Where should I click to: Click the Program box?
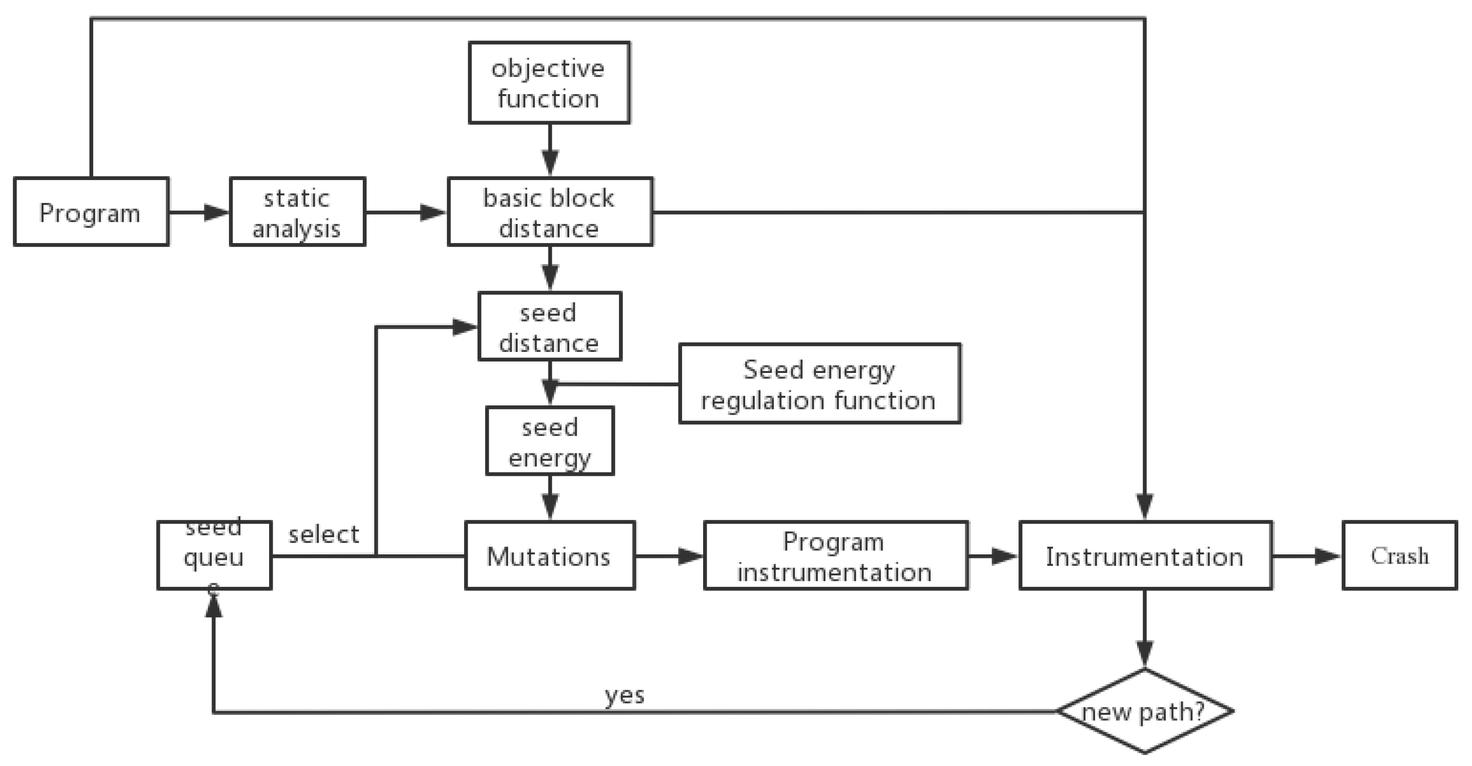coord(90,212)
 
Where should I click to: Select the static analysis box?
coord(297,212)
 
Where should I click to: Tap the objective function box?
coord(549,83)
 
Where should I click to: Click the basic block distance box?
coord(550,212)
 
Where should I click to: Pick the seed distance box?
coord(550,326)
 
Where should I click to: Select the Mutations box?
coord(550,556)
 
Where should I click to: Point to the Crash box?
coord(1399,556)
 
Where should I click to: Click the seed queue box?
coord(214,556)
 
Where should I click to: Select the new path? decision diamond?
coord(1144,712)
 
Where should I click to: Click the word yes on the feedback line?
coord(624,695)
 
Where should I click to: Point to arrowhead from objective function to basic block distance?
coord(550,162)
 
